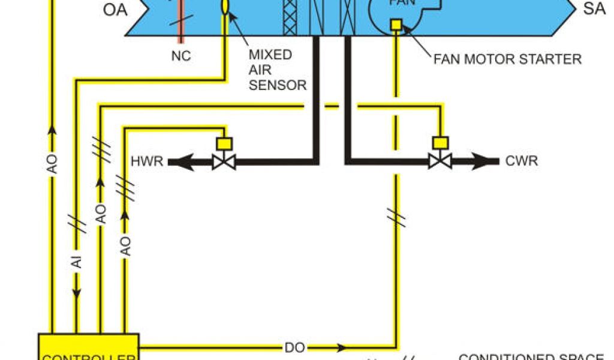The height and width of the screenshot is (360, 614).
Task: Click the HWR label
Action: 147,161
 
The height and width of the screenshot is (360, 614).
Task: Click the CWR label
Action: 521,161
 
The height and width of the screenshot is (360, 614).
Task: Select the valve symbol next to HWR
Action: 224,161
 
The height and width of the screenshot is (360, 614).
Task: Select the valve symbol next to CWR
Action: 440,161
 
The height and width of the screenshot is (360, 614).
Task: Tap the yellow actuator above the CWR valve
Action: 440,143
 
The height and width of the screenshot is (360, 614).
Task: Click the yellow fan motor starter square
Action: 396,25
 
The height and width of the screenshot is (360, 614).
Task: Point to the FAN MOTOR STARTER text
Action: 507,59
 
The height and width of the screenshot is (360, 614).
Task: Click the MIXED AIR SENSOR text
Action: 277,70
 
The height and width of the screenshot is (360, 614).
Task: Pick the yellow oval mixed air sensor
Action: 225,6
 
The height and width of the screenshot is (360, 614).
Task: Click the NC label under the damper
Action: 180,56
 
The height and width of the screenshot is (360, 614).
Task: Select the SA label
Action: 594,9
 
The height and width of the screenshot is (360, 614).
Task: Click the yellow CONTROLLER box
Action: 89,347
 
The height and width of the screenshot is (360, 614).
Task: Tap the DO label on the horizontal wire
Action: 294,347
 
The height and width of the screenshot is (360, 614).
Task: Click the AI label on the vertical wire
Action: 77,262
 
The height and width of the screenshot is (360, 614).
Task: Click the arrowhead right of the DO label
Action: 342,347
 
